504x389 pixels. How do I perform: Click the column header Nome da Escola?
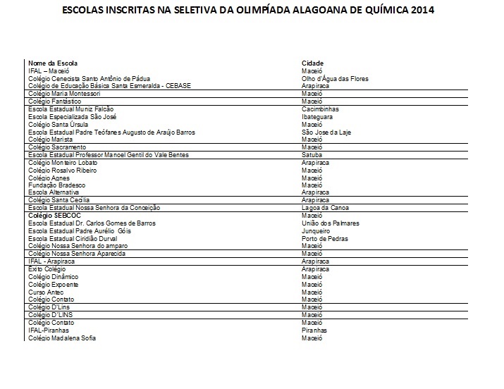click(48, 63)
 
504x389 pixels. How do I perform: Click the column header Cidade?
click(312, 63)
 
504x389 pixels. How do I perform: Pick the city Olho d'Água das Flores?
click(335, 79)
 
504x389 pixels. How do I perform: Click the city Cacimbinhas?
click(320, 109)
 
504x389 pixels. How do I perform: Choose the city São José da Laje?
click(326, 132)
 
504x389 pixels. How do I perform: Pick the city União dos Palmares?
click(330, 223)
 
